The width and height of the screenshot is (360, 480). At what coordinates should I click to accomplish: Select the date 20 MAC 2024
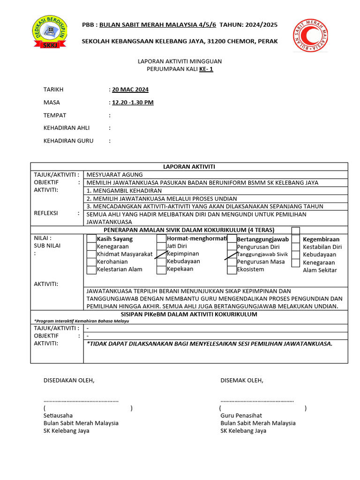click(x=130, y=90)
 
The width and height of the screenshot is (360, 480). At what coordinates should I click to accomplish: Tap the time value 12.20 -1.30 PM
click(x=133, y=102)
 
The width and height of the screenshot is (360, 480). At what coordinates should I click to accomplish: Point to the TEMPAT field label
click(x=55, y=115)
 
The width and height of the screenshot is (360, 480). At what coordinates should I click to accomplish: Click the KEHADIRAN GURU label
click(x=68, y=141)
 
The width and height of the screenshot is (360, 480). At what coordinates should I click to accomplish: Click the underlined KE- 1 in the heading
click(x=206, y=69)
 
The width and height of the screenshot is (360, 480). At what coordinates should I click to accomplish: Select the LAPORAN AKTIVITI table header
click(x=189, y=166)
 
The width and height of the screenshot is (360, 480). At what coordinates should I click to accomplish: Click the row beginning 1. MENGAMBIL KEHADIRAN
click(x=124, y=191)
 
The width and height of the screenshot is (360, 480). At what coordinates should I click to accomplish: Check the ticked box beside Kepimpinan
click(x=161, y=254)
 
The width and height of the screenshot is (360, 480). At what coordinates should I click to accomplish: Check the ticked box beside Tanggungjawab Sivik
click(x=232, y=255)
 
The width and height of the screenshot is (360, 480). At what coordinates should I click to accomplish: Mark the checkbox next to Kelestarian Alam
click(x=91, y=270)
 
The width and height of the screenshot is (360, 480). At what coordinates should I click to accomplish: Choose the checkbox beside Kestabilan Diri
click(x=296, y=247)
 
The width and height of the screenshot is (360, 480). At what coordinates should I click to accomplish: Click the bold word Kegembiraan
click(x=321, y=239)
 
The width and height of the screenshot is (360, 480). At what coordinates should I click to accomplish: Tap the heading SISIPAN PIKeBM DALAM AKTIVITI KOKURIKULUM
click(x=189, y=315)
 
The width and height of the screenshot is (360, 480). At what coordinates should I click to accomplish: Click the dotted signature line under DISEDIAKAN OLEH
click(x=81, y=401)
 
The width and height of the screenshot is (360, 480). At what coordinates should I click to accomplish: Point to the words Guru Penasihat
click(x=241, y=415)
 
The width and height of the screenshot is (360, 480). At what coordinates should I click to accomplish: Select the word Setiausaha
click(x=58, y=415)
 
